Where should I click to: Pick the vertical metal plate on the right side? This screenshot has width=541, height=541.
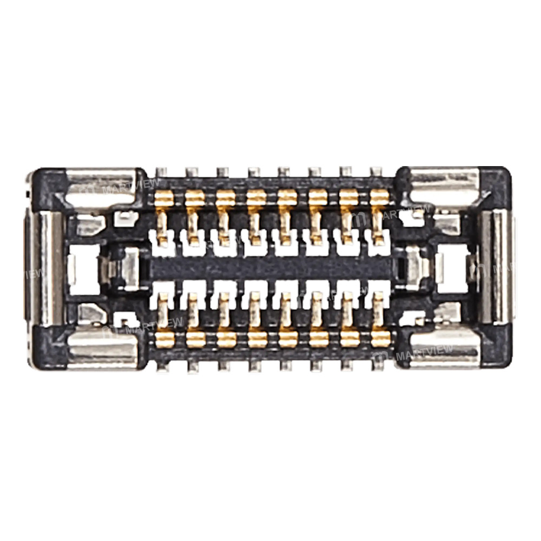pos(495,268)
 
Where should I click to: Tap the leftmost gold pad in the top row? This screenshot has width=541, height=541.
pos(164,199)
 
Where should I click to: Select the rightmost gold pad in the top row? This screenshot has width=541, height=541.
pos(379,199)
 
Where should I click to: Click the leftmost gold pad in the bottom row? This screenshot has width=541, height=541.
pos(164,339)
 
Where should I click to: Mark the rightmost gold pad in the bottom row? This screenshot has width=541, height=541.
pos(380,339)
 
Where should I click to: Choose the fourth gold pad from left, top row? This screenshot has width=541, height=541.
pos(256,199)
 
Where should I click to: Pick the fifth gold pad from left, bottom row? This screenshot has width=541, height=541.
pos(288,339)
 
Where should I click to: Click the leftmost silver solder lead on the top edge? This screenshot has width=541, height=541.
pos(161,172)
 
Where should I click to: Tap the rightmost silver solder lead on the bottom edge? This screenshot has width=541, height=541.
pos(378,365)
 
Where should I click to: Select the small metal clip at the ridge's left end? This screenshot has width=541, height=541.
pos(127,267)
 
